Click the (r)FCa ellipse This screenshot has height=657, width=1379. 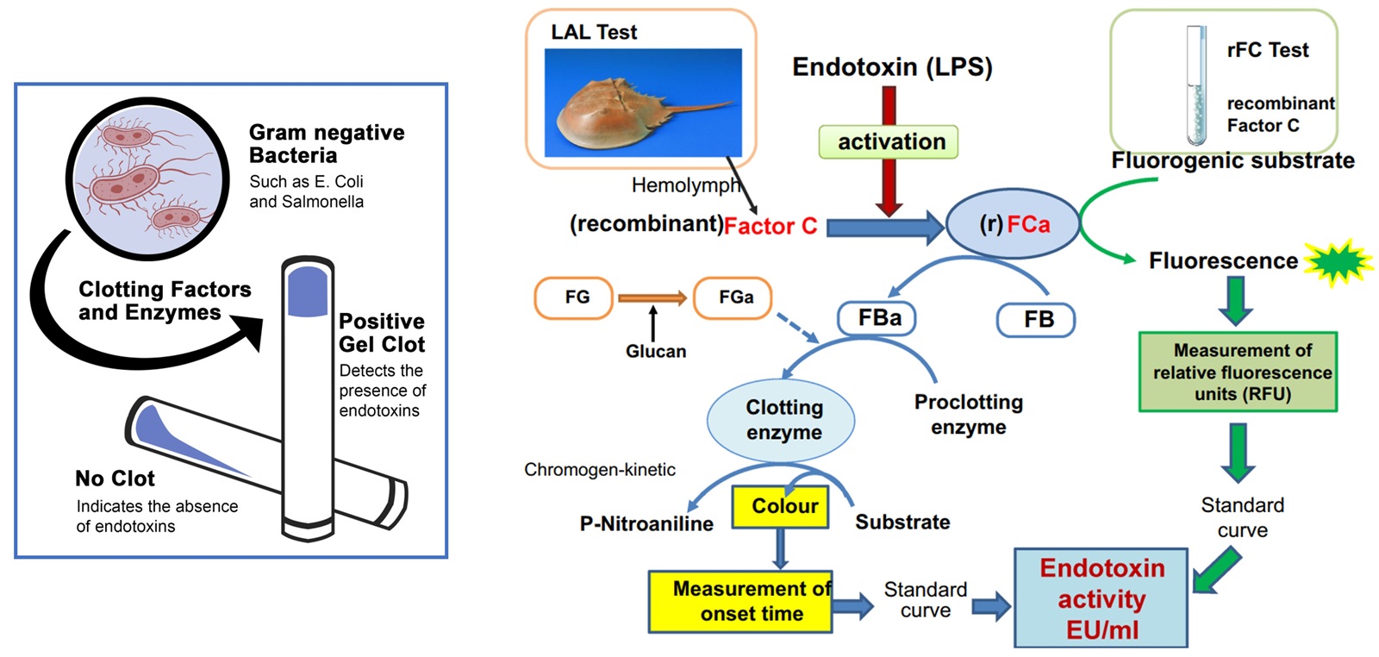click(1013, 224)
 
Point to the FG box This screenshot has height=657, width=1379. click(574, 297)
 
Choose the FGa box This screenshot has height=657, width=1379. click(733, 297)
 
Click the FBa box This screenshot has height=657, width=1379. click(876, 318)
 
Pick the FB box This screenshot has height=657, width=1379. click(1036, 320)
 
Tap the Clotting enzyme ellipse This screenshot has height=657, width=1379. click(781, 420)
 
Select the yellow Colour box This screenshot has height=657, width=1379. click(780, 506)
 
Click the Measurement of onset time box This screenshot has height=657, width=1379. click(740, 602)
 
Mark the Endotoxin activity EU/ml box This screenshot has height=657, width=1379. click(1101, 598)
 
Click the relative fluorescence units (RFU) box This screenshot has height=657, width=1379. click(1238, 372)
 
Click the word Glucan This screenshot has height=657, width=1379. click(656, 351)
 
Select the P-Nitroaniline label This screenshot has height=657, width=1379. click(646, 523)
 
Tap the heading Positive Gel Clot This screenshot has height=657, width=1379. click(381, 333)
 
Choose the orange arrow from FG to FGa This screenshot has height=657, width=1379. click(652, 298)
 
